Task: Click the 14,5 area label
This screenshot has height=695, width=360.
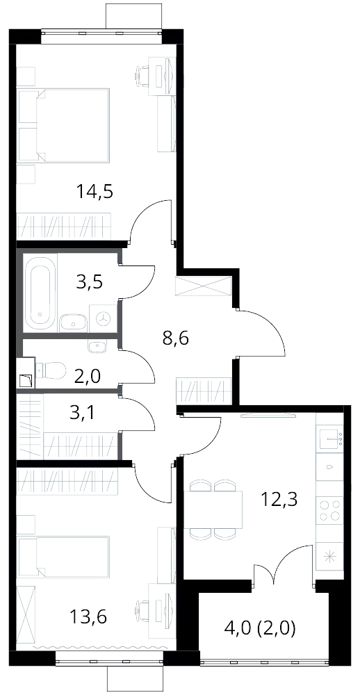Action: coord(95,193)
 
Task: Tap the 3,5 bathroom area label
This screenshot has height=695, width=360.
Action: coord(90,281)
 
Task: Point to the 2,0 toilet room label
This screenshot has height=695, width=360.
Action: coord(88,377)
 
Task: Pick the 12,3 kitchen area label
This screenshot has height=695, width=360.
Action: coord(279,500)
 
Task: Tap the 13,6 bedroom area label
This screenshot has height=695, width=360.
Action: coord(88,616)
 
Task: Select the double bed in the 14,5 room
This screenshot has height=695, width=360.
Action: coord(63,125)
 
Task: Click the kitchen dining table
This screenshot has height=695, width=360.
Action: coord(213,509)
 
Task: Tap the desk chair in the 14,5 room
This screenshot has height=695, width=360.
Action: coord(142,76)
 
